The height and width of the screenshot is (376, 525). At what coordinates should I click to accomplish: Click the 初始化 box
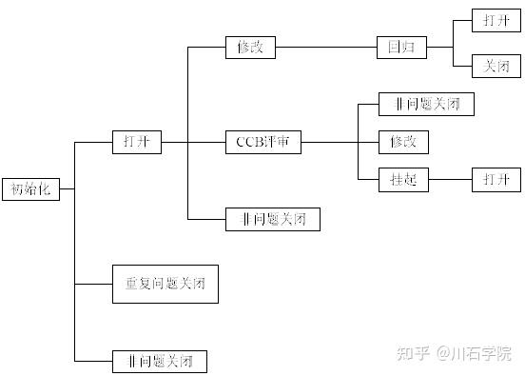(30, 188)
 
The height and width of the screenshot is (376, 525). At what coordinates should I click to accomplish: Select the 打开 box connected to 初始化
(136, 143)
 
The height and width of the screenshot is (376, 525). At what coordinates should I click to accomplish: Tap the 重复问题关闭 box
(165, 284)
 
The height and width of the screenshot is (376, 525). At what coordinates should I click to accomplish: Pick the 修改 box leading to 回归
(250, 47)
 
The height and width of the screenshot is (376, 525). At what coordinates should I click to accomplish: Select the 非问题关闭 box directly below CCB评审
(272, 219)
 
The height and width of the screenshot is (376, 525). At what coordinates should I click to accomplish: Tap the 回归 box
(400, 47)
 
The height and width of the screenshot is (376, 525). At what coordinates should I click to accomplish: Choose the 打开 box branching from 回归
(496, 19)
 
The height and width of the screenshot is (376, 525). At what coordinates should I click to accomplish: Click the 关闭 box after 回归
(496, 66)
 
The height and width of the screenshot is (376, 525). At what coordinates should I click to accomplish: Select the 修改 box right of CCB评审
(403, 142)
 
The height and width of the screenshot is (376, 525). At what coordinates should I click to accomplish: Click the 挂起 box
(403, 179)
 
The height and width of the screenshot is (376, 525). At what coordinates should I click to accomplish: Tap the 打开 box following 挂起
(496, 179)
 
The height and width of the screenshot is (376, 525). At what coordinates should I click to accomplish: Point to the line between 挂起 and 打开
(450, 179)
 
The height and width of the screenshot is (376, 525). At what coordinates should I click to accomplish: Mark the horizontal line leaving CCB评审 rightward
(328, 143)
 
